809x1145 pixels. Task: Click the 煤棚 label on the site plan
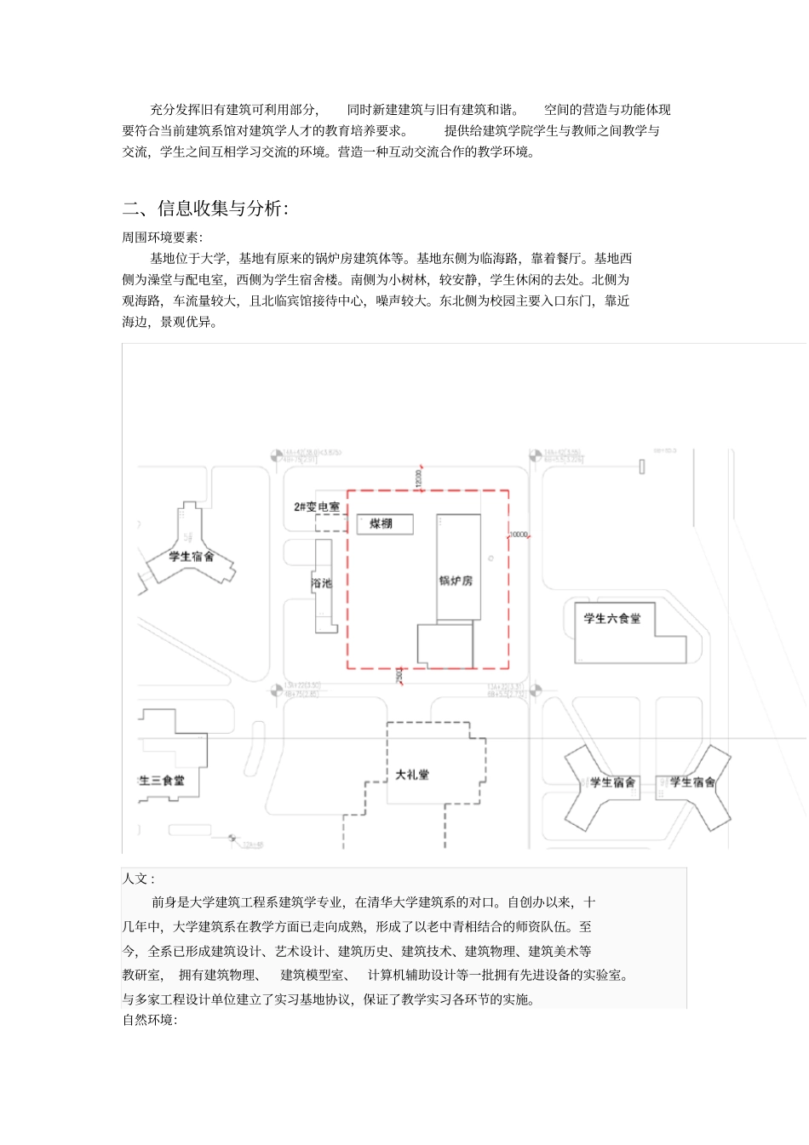click(x=381, y=524)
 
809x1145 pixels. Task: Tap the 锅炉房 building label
click(x=456, y=581)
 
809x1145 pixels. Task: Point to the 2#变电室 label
click(x=316, y=507)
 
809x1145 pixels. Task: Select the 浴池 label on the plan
click(x=322, y=583)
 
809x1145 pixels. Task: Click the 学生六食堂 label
click(x=611, y=618)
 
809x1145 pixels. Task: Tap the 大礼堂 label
click(x=412, y=775)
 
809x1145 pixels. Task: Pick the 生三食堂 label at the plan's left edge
click(x=161, y=780)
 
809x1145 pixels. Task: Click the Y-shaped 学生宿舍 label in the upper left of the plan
click(x=191, y=557)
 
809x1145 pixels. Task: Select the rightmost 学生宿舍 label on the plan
click(x=691, y=781)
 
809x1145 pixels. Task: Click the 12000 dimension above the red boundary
click(x=418, y=478)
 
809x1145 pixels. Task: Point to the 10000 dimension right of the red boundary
click(x=519, y=535)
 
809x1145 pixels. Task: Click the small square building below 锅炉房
click(x=445, y=644)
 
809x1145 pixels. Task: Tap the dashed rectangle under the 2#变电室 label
click(x=330, y=523)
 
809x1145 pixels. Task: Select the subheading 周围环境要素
click(x=162, y=238)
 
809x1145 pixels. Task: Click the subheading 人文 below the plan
click(x=138, y=879)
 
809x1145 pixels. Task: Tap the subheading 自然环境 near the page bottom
click(x=149, y=1020)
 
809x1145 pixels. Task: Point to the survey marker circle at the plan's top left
click(x=277, y=456)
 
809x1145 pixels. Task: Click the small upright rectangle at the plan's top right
click(x=641, y=466)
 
